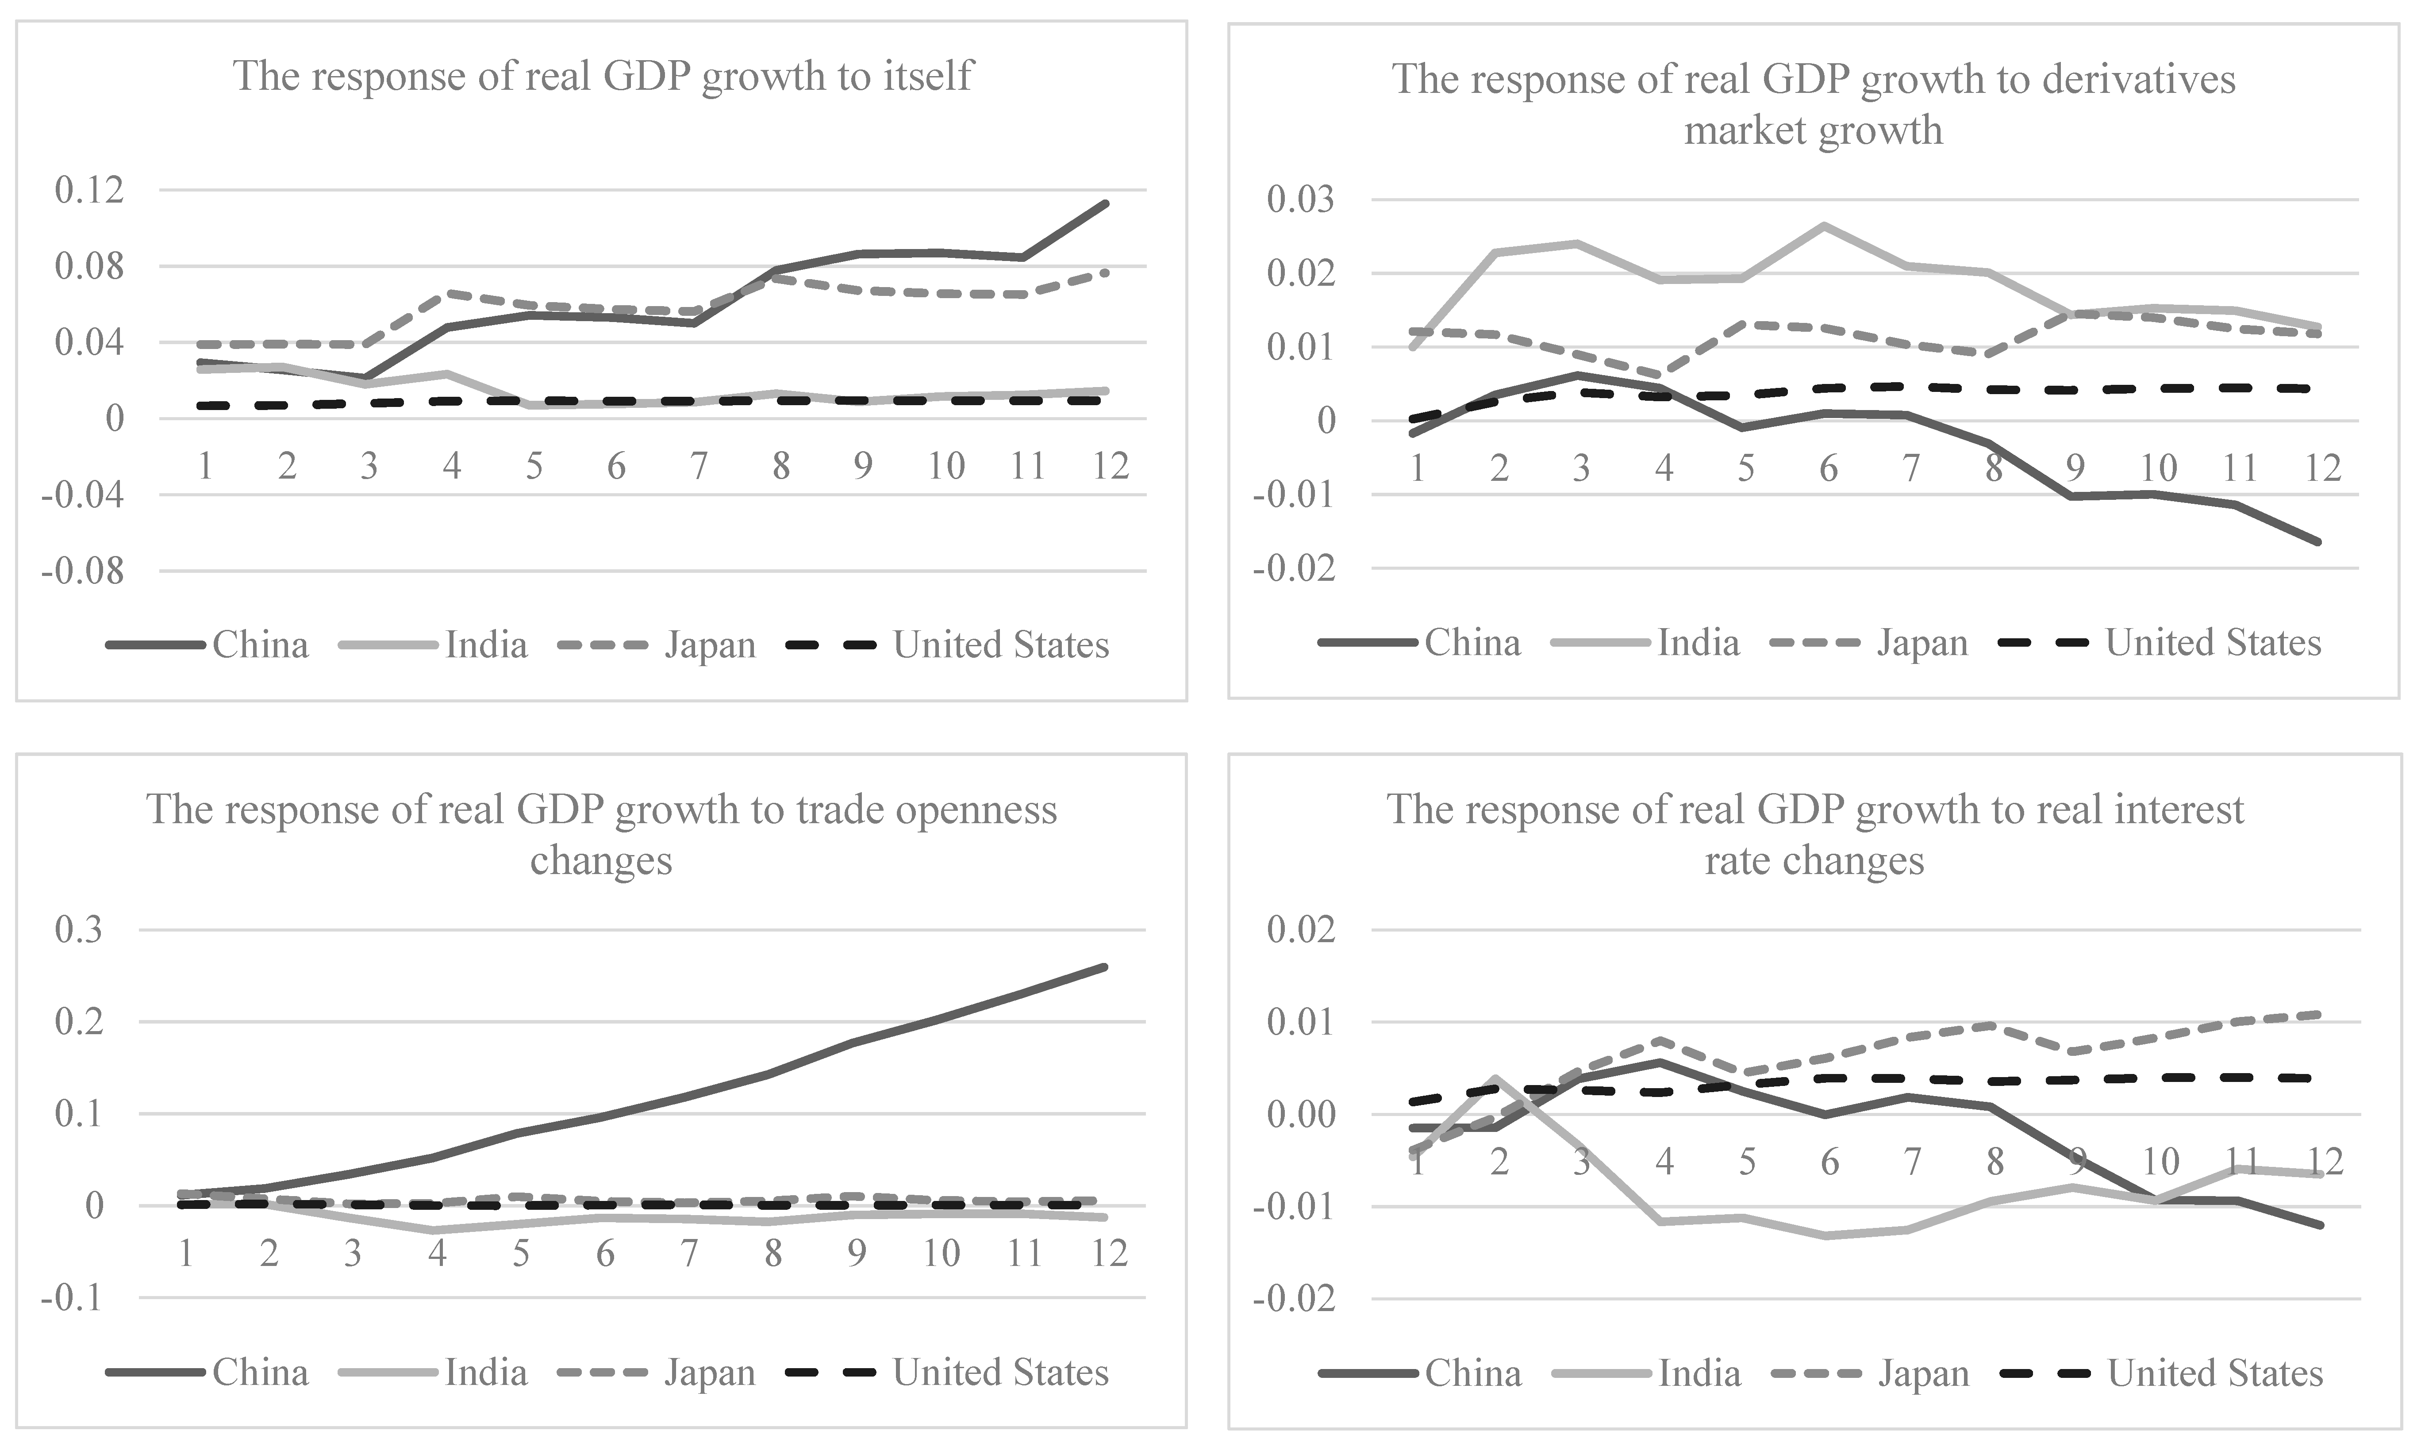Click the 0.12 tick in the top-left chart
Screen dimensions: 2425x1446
pos(90,190)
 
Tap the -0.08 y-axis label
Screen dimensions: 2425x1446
pos(83,571)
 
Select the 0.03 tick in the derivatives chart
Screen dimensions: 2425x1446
pos(1302,200)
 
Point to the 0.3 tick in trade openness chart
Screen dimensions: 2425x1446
pos(78,930)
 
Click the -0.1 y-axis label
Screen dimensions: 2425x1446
pos(71,1297)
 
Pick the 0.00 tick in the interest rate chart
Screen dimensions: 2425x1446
pos(1302,1114)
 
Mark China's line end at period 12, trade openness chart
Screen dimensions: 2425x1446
pos(1105,967)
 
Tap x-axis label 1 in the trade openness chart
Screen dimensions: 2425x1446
pos(185,1253)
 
